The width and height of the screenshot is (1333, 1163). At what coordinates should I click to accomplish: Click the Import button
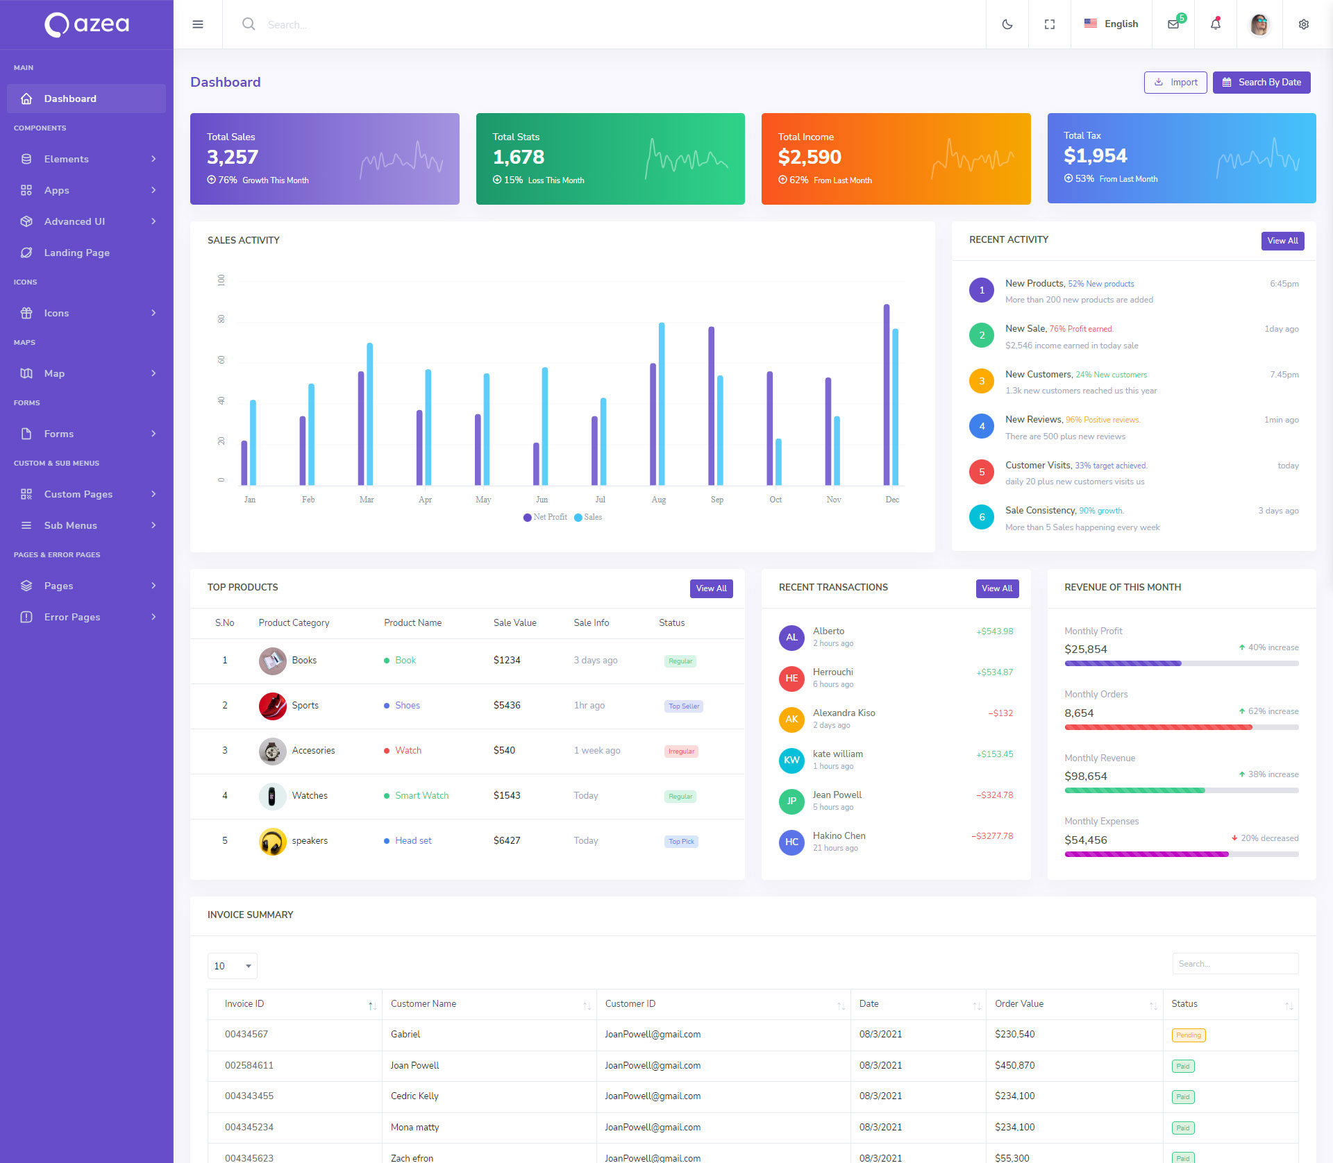click(1175, 83)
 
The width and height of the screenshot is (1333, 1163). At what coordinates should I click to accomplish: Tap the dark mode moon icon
click(1007, 24)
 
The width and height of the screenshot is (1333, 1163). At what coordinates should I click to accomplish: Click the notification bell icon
click(1215, 24)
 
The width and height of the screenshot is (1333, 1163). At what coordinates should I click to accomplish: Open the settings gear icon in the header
click(1303, 24)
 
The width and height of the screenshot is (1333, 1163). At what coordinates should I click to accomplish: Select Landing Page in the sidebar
click(76, 253)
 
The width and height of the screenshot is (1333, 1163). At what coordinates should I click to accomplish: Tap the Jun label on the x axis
click(542, 500)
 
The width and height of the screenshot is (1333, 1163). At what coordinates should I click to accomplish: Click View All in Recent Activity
click(1282, 241)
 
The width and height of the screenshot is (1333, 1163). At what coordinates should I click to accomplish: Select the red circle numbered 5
click(981, 472)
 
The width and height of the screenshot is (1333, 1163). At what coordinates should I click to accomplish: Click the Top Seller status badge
click(683, 706)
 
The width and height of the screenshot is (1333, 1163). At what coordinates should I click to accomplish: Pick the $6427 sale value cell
click(506, 840)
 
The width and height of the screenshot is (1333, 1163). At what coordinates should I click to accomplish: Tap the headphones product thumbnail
click(272, 841)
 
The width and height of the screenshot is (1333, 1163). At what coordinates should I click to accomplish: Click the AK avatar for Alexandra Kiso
click(791, 720)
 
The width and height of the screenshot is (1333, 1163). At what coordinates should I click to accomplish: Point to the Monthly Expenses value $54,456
click(1085, 840)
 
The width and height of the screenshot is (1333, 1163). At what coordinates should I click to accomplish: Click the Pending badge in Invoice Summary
click(1188, 1035)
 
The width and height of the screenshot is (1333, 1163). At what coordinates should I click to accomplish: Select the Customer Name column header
click(423, 1004)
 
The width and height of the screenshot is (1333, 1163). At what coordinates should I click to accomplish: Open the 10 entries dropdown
click(232, 966)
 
